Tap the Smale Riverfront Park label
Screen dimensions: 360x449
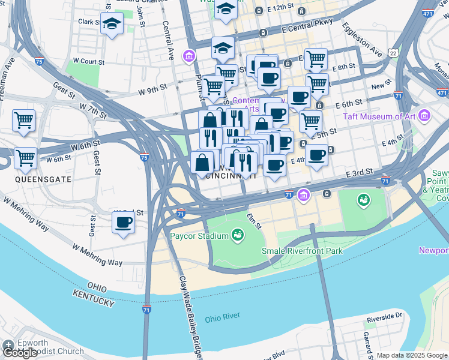click(302, 250)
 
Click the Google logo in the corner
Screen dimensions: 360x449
click(20, 353)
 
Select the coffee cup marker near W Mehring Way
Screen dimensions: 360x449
click(123, 222)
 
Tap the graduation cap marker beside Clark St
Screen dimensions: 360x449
click(112, 23)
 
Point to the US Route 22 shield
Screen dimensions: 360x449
click(393, 53)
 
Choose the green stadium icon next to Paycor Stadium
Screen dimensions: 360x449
click(238, 235)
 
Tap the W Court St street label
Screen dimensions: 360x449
click(88, 61)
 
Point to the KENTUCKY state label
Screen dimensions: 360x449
click(93, 298)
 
